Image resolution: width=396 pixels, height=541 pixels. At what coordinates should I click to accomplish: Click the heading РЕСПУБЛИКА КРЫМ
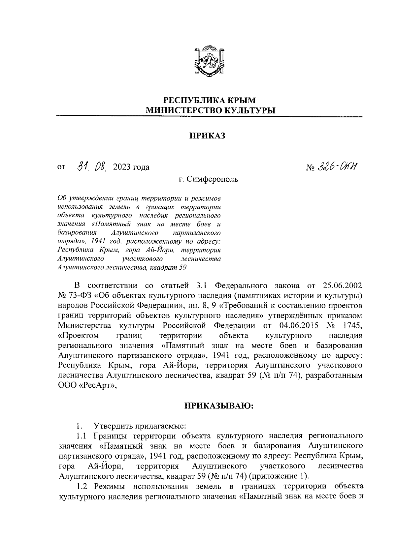[210, 100]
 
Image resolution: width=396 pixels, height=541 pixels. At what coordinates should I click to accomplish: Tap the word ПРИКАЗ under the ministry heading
[207, 135]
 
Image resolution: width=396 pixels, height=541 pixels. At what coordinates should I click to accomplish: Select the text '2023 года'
[131, 167]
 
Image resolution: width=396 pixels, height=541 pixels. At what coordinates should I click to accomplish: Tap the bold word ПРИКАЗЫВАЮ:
[218, 406]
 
